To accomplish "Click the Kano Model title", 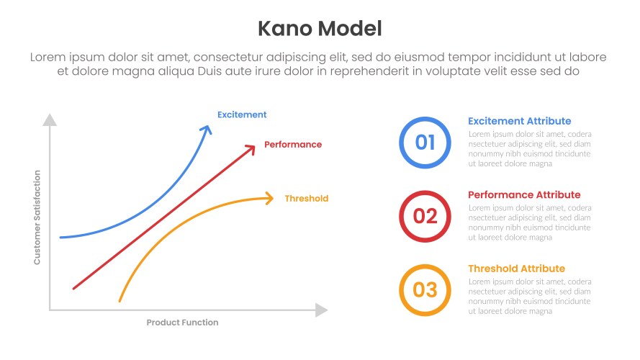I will pyautogui.click(x=320, y=28).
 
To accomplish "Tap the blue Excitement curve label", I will pyautogui.click(x=242, y=114).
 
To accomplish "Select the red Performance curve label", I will pyautogui.click(x=293, y=145).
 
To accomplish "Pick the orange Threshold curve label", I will pyautogui.click(x=306, y=199).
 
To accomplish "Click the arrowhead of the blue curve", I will pyautogui.click(x=207, y=129).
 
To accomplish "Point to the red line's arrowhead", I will pyautogui.click(x=251, y=148).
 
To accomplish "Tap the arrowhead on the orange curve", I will pyautogui.click(x=270, y=198).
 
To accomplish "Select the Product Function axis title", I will pyautogui.click(x=182, y=323).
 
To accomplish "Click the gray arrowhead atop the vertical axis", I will pyautogui.click(x=50, y=120).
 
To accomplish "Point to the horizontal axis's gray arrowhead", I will pyautogui.click(x=321, y=310).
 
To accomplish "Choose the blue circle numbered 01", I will pyautogui.click(x=425, y=143).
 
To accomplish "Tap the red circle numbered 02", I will pyautogui.click(x=425, y=216).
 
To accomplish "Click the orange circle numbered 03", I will pyautogui.click(x=425, y=290).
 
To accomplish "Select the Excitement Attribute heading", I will pyautogui.click(x=519, y=121).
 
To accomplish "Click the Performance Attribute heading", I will pyautogui.click(x=523, y=195).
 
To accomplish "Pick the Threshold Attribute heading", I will pyautogui.click(x=516, y=269).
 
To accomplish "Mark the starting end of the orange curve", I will pyautogui.click(x=120, y=300).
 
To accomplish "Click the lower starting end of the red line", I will pyautogui.click(x=73, y=288).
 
